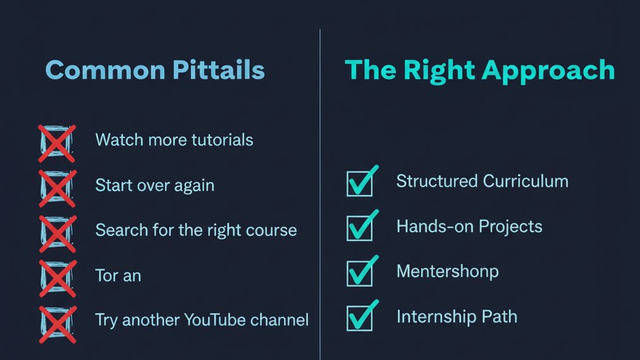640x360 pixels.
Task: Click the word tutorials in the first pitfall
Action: click(x=218, y=139)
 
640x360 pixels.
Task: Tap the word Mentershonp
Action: click(x=447, y=271)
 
